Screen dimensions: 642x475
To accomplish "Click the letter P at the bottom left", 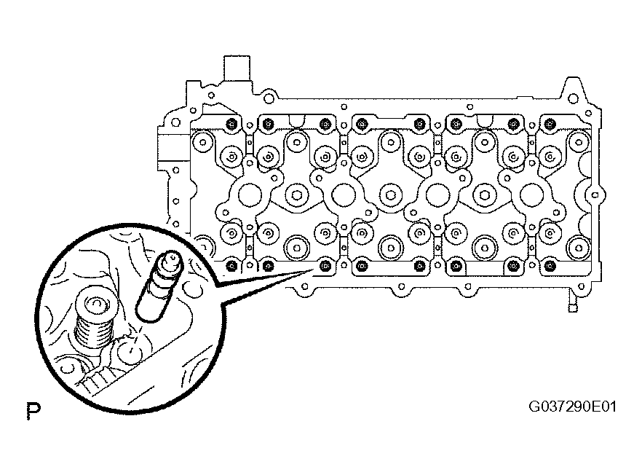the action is point(34,411).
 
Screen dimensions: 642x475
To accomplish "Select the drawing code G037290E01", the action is point(572,407).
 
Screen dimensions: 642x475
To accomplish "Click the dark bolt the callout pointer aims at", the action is point(325,266).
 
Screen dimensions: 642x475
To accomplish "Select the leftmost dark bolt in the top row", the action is point(231,123).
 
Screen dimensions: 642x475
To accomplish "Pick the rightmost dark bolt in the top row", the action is point(550,123).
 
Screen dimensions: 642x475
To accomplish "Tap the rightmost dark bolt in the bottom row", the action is point(550,267).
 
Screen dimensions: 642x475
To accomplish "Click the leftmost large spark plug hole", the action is point(250,195).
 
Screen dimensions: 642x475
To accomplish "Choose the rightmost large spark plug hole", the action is point(532,195).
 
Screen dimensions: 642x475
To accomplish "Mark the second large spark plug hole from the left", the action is point(344,195).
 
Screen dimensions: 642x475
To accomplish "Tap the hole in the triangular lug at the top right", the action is point(574,98).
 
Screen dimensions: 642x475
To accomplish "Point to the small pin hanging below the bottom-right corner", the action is point(572,302).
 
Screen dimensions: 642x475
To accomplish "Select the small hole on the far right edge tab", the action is point(595,195).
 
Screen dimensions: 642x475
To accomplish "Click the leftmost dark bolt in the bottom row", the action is point(231,266).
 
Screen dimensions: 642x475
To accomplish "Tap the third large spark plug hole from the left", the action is point(437,195).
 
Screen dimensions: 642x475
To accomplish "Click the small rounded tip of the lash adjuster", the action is point(171,256).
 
